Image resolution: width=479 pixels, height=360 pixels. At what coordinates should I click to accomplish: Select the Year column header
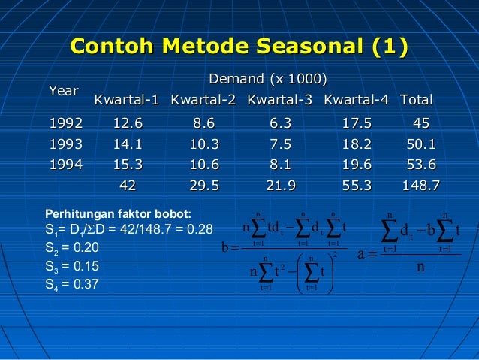point(64,91)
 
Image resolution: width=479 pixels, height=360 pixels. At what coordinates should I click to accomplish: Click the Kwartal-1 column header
point(127,100)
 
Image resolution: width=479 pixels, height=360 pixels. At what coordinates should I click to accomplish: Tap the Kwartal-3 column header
point(279,100)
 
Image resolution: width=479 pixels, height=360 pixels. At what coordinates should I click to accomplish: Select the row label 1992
point(66,123)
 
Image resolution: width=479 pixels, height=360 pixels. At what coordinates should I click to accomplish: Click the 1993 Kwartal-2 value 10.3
point(203,144)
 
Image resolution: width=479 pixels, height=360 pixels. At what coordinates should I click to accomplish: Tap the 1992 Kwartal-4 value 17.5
point(356,123)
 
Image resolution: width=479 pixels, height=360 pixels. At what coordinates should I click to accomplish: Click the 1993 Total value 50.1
point(421,144)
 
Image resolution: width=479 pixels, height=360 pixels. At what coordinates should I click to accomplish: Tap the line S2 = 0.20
point(73,247)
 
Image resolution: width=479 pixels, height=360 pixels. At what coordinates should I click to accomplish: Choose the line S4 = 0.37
point(73,284)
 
